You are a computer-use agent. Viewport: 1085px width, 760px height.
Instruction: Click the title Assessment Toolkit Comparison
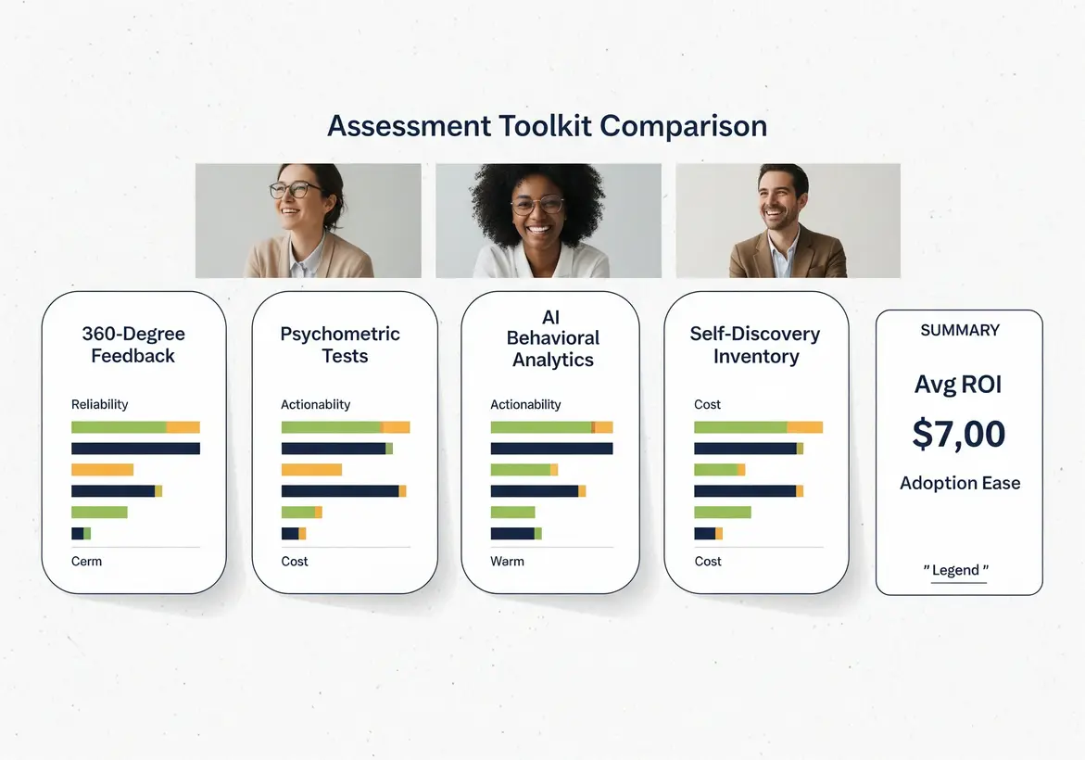click(547, 126)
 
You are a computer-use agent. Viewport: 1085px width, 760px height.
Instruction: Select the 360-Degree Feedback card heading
click(133, 345)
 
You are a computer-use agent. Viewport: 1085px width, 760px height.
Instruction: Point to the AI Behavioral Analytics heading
click(552, 338)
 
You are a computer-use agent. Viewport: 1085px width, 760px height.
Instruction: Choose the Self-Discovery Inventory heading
click(756, 345)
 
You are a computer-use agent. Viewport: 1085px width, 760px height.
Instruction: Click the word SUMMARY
click(959, 330)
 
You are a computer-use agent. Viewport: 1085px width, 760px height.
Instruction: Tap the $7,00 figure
click(959, 434)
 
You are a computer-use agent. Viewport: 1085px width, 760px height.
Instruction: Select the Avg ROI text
click(959, 384)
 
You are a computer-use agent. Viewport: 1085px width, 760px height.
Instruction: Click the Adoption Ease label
click(959, 483)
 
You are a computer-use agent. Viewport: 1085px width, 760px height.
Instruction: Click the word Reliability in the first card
click(100, 404)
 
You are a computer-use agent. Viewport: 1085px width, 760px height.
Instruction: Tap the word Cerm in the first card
click(87, 561)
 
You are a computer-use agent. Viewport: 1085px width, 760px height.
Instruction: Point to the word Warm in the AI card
click(507, 561)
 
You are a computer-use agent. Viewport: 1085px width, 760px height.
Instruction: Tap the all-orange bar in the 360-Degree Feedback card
click(102, 470)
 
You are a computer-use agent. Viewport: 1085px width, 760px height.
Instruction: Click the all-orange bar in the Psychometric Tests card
click(311, 470)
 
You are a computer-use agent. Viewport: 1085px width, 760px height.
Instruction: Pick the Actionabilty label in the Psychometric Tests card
click(316, 404)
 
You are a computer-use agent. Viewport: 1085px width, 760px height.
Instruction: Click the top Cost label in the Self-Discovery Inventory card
click(708, 404)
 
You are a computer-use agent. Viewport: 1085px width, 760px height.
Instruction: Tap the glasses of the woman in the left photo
click(290, 190)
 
